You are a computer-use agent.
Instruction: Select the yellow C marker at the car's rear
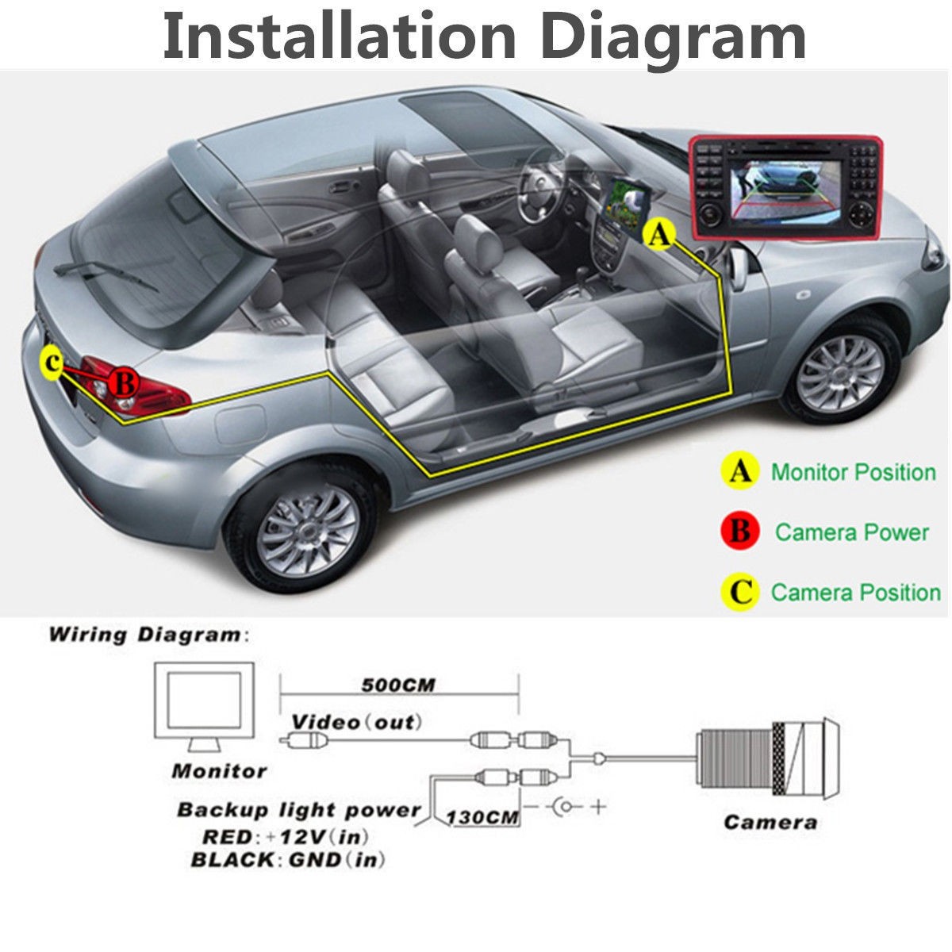[52, 363]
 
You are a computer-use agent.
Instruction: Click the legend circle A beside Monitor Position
[739, 472]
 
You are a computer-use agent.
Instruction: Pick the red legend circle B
[739, 531]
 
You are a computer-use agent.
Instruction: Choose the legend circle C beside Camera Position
[739, 592]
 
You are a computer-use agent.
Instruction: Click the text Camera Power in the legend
[851, 532]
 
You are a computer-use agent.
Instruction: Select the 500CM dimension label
[398, 685]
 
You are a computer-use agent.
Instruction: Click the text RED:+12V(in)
[286, 836]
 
